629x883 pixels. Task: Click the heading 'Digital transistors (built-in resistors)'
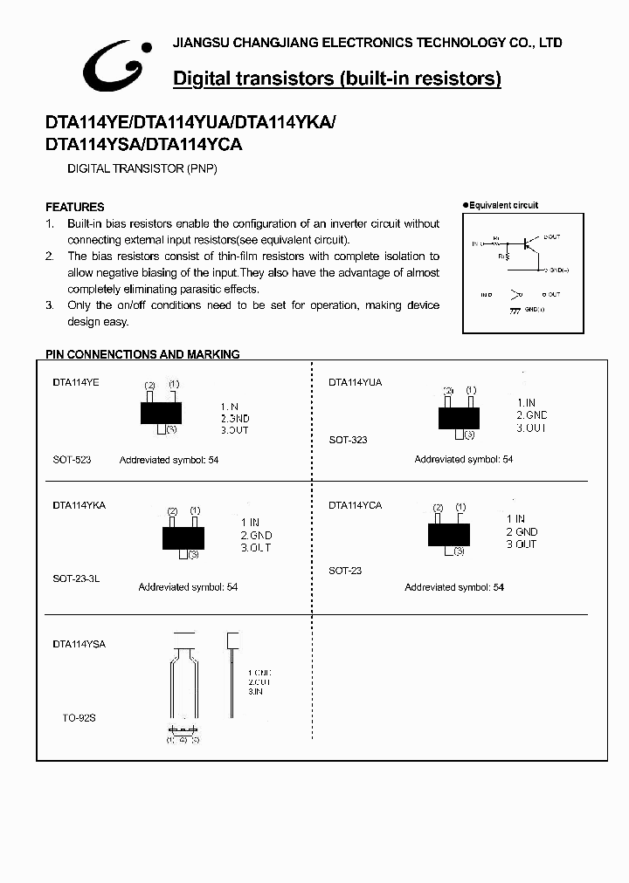click(x=337, y=79)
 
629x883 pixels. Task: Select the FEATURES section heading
click(x=75, y=207)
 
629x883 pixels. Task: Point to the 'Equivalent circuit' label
click(x=503, y=206)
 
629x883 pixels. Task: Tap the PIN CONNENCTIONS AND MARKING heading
click(x=142, y=354)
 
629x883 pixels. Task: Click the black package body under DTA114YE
click(x=161, y=411)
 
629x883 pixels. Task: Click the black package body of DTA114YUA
click(x=459, y=418)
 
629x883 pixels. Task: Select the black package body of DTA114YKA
click(x=183, y=537)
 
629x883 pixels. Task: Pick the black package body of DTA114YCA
click(x=450, y=534)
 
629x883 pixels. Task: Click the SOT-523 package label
click(x=72, y=459)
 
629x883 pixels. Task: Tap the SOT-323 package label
click(x=348, y=440)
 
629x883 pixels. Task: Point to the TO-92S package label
click(x=78, y=717)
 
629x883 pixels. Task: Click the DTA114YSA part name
click(x=79, y=644)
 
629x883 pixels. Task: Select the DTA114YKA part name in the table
click(x=79, y=505)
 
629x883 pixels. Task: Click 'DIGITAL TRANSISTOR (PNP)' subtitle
click(x=142, y=168)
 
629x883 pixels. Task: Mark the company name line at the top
click(x=368, y=43)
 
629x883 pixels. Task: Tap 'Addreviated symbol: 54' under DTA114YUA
click(x=463, y=459)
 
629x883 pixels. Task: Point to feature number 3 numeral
click(x=49, y=305)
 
